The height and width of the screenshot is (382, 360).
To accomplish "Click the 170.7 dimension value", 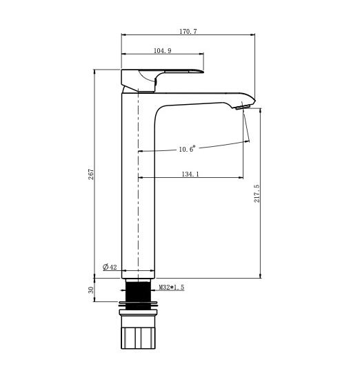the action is click(x=188, y=32).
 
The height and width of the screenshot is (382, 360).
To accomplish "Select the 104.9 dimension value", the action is click(x=162, y=50).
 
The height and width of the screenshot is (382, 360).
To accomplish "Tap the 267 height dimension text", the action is click(x=91, y=174).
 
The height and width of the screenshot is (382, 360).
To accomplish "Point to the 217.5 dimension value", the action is click(x=257, y=194).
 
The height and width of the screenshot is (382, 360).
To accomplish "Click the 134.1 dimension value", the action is click(x=190, y=174).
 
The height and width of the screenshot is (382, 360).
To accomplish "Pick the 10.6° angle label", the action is click(x=187, y=149).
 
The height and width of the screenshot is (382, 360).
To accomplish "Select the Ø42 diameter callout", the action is click(x=110, y=267).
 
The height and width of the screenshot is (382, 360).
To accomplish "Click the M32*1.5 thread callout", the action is click(x=172, y=288).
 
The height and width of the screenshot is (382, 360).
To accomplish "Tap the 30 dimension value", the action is click(x=91, y=290).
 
